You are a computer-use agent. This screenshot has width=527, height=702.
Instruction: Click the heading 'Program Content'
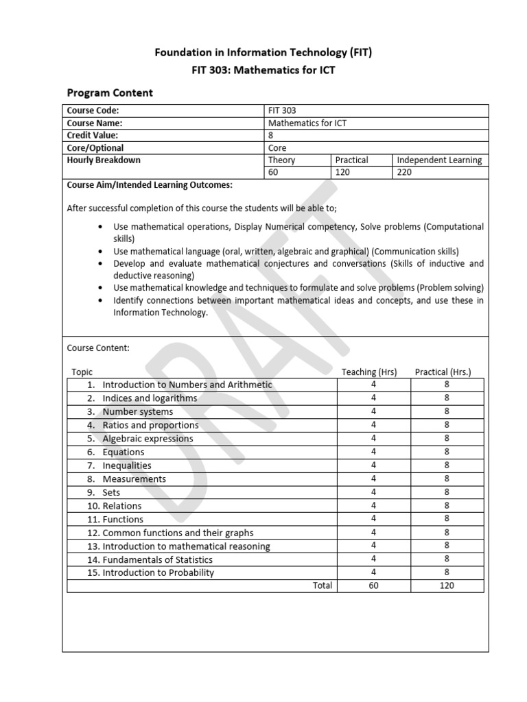click(x=109, y=93)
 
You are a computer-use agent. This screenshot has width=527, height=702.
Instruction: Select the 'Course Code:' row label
click(x=93, y=110)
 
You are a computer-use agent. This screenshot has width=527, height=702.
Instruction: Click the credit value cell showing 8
click(x=270, y=136)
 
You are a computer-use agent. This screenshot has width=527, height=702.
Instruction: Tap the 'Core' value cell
click(x=277, y=148)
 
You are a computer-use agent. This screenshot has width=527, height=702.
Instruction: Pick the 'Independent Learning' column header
click(x=439, y=160)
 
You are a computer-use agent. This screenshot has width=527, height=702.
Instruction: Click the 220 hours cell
click(x=405, y=173)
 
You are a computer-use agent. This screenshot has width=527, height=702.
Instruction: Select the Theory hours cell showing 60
click(x=273, y=173)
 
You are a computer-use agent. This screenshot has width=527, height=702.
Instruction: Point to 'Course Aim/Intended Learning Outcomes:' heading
click(x=149, y=185)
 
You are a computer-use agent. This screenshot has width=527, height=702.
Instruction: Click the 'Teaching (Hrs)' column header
click(x=369, y=372)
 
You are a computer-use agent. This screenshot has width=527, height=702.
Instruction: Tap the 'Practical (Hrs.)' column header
click(x=443, y=372)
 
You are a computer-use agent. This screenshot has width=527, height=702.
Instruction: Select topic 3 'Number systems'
click(x=137, y=412)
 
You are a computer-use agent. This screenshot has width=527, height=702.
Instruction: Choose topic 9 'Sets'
click(x=111, y=492)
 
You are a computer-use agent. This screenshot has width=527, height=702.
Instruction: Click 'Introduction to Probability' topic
click(x=158, y=572)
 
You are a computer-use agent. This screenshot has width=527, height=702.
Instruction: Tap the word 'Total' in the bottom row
click(x=322, y=585)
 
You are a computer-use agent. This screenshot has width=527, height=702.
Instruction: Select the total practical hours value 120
click(x=447, y=585)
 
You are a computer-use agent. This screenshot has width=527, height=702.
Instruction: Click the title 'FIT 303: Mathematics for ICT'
click(x=263, y=71)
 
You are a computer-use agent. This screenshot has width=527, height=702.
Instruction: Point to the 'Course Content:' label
click(x=98, y=348)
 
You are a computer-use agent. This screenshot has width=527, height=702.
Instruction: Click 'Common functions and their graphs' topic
click(x=178, y=533)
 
